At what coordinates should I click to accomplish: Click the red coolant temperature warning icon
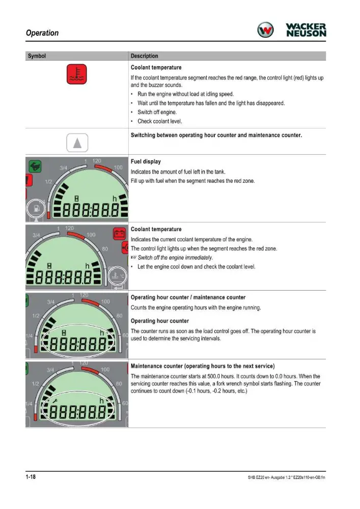[76, 74]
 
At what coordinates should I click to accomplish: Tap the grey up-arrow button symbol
[77, 143]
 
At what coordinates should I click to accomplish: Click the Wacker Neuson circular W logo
[265, 30]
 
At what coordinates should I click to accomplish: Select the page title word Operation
[42, 33]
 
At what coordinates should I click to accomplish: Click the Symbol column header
[37, 56]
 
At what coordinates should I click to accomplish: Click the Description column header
[145, 56]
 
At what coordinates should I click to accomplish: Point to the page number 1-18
[31, 476]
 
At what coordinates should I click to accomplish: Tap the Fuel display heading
[146, 161]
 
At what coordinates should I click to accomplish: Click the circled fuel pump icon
[37, 208]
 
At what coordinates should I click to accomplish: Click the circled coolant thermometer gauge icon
[118, 276]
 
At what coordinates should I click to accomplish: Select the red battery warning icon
[119, 234]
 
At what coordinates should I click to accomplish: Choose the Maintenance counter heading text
[203, 366]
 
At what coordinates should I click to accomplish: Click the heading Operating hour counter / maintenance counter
[188, 297]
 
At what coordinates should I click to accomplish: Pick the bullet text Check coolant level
[160, 121]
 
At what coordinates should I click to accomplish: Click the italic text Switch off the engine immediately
[175, 258]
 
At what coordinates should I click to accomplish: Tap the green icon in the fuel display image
[35, 166]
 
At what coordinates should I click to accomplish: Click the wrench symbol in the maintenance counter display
[55, 401]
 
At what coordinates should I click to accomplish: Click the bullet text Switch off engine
[157, 112]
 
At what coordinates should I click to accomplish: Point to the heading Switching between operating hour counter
[216, 135]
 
